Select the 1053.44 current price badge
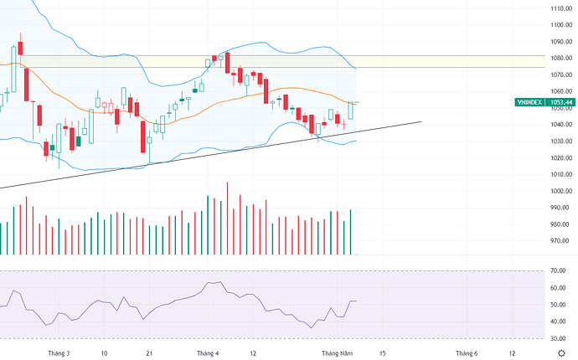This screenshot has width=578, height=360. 561,102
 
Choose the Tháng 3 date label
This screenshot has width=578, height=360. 59,353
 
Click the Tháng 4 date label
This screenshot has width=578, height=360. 207,353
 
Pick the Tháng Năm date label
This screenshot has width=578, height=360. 338,353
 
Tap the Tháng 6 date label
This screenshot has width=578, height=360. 466,353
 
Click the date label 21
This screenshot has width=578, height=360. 148,353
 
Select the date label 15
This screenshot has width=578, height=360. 383,353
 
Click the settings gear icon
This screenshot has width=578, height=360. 560,353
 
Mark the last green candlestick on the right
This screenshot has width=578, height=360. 350,110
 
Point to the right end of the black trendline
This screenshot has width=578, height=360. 420,121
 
